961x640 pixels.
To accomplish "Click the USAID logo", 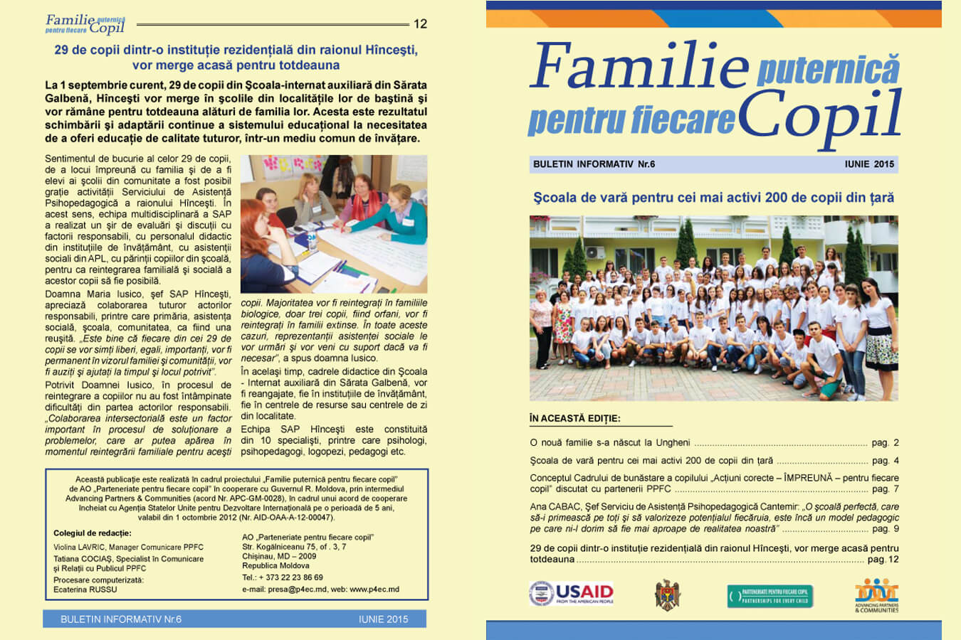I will (571, 594).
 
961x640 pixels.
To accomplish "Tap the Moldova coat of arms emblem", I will (667, 595).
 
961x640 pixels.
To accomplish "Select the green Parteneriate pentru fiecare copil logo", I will (770, 596).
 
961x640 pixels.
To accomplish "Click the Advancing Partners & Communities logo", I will (876, 595).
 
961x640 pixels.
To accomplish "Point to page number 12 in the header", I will (420, 24).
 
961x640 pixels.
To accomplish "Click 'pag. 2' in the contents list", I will (885, 442).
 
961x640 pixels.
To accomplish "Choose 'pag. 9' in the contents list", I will (885, 529).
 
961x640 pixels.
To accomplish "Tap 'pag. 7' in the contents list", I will (885, 489).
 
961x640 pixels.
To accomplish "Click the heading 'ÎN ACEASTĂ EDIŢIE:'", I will (574, 418).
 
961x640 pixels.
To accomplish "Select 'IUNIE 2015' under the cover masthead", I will (868, 164).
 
